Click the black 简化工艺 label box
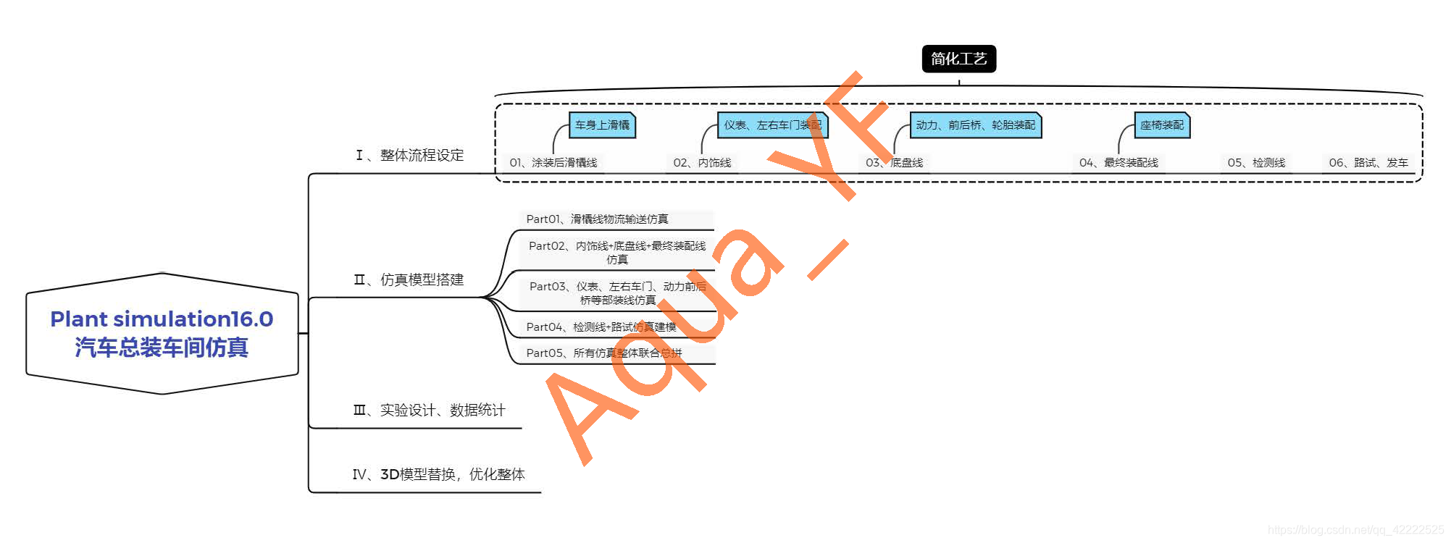[958, 59]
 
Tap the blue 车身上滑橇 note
[602, 125]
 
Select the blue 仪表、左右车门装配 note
[772, 125]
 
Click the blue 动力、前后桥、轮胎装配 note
[975, 125]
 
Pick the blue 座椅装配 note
[1161, 125]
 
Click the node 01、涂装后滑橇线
[553, 163]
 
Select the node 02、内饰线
[702, 163]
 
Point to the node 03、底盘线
[894, 163]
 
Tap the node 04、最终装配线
[1118, 163]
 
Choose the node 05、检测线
[1256, 163]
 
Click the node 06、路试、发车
[1368, 163]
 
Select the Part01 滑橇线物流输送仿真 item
[597, 219]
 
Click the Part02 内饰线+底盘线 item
[616, 252]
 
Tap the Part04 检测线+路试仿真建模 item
[601, 327]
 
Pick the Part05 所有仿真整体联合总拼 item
[603, 353]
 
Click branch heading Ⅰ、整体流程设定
[410, 155]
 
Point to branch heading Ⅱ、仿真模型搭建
[409, 279]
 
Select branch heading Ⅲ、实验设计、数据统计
[429, 411]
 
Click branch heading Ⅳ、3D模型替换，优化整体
[438, 474]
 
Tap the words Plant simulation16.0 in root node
[162, 319]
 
